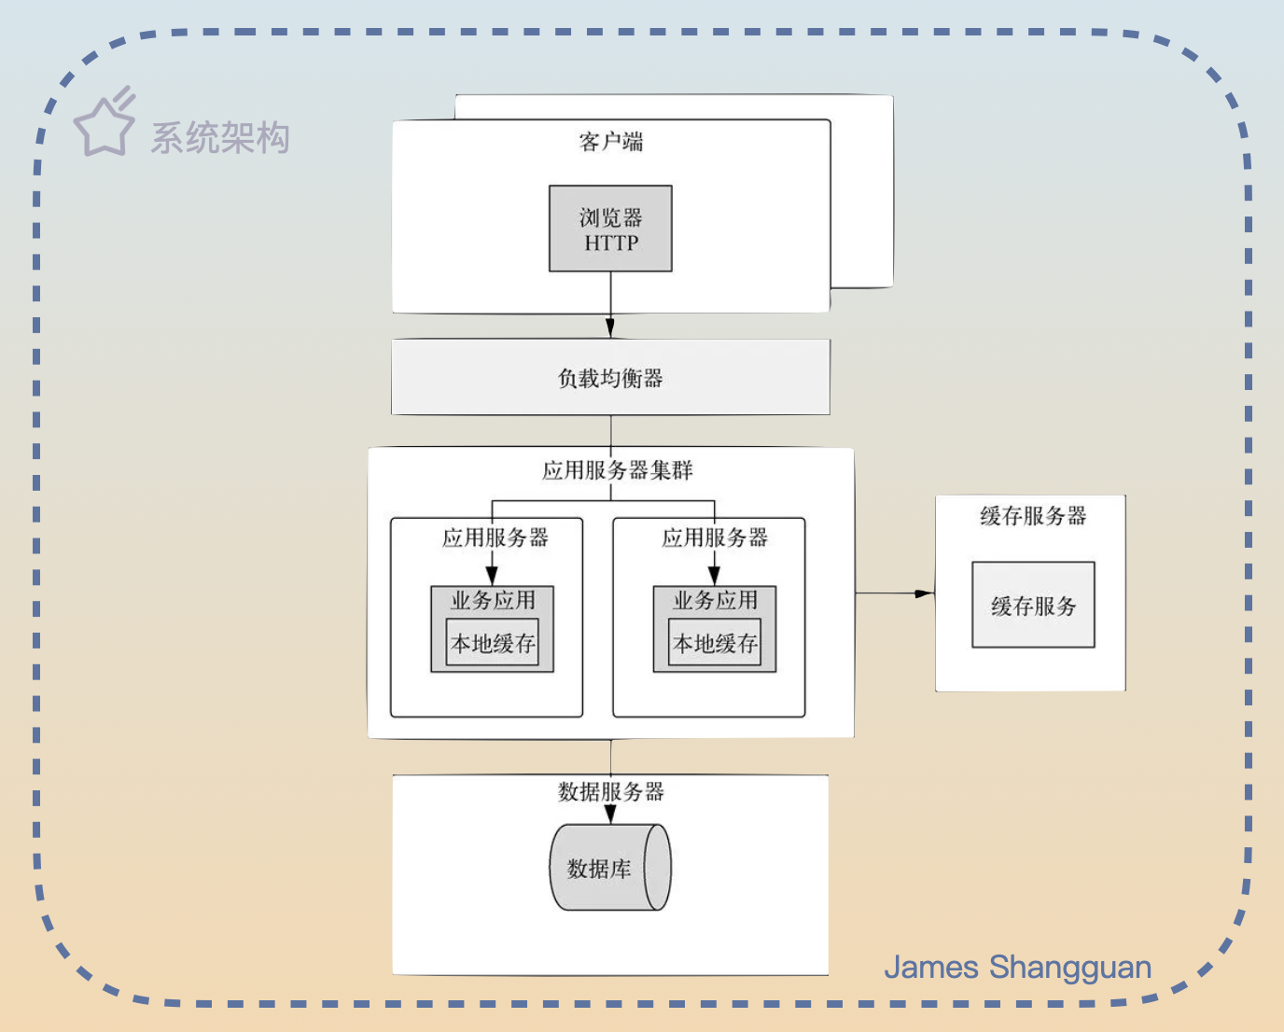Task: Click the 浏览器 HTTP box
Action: click(610, 229)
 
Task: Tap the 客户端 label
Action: click(610, 142)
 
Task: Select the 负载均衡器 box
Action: click(610, 377)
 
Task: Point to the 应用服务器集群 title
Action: click(617, 469)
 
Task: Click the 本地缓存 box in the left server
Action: click(493, 643)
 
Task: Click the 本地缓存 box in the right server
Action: click(715, 643)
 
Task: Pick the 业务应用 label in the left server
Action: click(493, 600)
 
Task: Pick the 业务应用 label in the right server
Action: click(715, 600)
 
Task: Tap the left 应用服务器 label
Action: click(495, 537)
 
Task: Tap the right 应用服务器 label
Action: click(715, 537)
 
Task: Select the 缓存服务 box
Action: click(1033, 606)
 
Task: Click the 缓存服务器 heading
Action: click(1033, 516)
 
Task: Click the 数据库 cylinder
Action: click(609, 868)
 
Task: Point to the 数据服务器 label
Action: click(610, 791)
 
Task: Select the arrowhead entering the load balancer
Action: click(610, 328)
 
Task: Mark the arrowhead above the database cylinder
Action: click(610, 814)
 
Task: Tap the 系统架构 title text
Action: click(220, 138)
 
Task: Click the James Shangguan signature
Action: click(1017, 968)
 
